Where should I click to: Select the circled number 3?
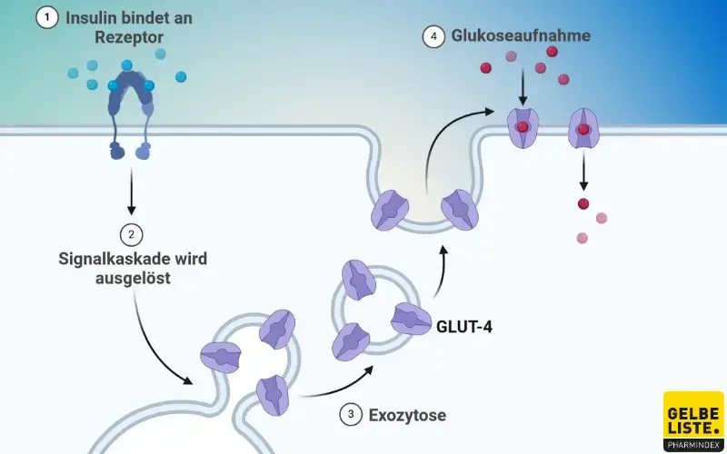point(349,415)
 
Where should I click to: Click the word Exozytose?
point(407,416)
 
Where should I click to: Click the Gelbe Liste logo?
point(693,420)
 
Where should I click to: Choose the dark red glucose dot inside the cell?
point(583,203)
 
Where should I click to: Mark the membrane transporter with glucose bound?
point(523,128)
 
